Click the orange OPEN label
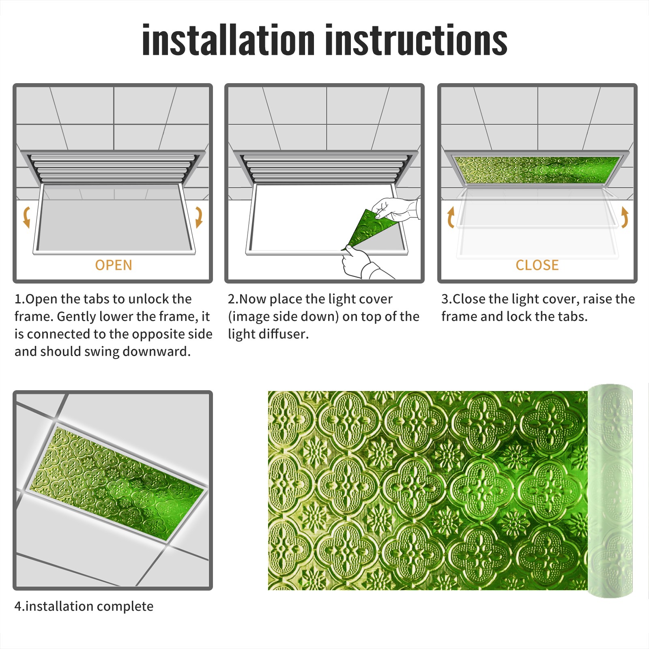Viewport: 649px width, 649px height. [114, 265]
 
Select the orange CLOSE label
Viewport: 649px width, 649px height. [537, 265]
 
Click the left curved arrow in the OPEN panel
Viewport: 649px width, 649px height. [27, 217]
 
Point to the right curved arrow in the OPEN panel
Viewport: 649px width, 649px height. [199, 217]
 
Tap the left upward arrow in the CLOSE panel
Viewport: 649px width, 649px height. [451, 217]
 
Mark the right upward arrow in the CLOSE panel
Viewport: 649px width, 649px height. [625, 217]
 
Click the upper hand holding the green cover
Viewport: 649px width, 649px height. [395, 209]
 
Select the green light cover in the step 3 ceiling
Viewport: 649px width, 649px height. [537, 170]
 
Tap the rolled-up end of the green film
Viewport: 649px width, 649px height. [610, 490]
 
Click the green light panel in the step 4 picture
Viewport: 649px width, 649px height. [118, 483]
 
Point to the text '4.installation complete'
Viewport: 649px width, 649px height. [84, 606]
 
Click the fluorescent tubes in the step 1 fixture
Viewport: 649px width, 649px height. [114, 167]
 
